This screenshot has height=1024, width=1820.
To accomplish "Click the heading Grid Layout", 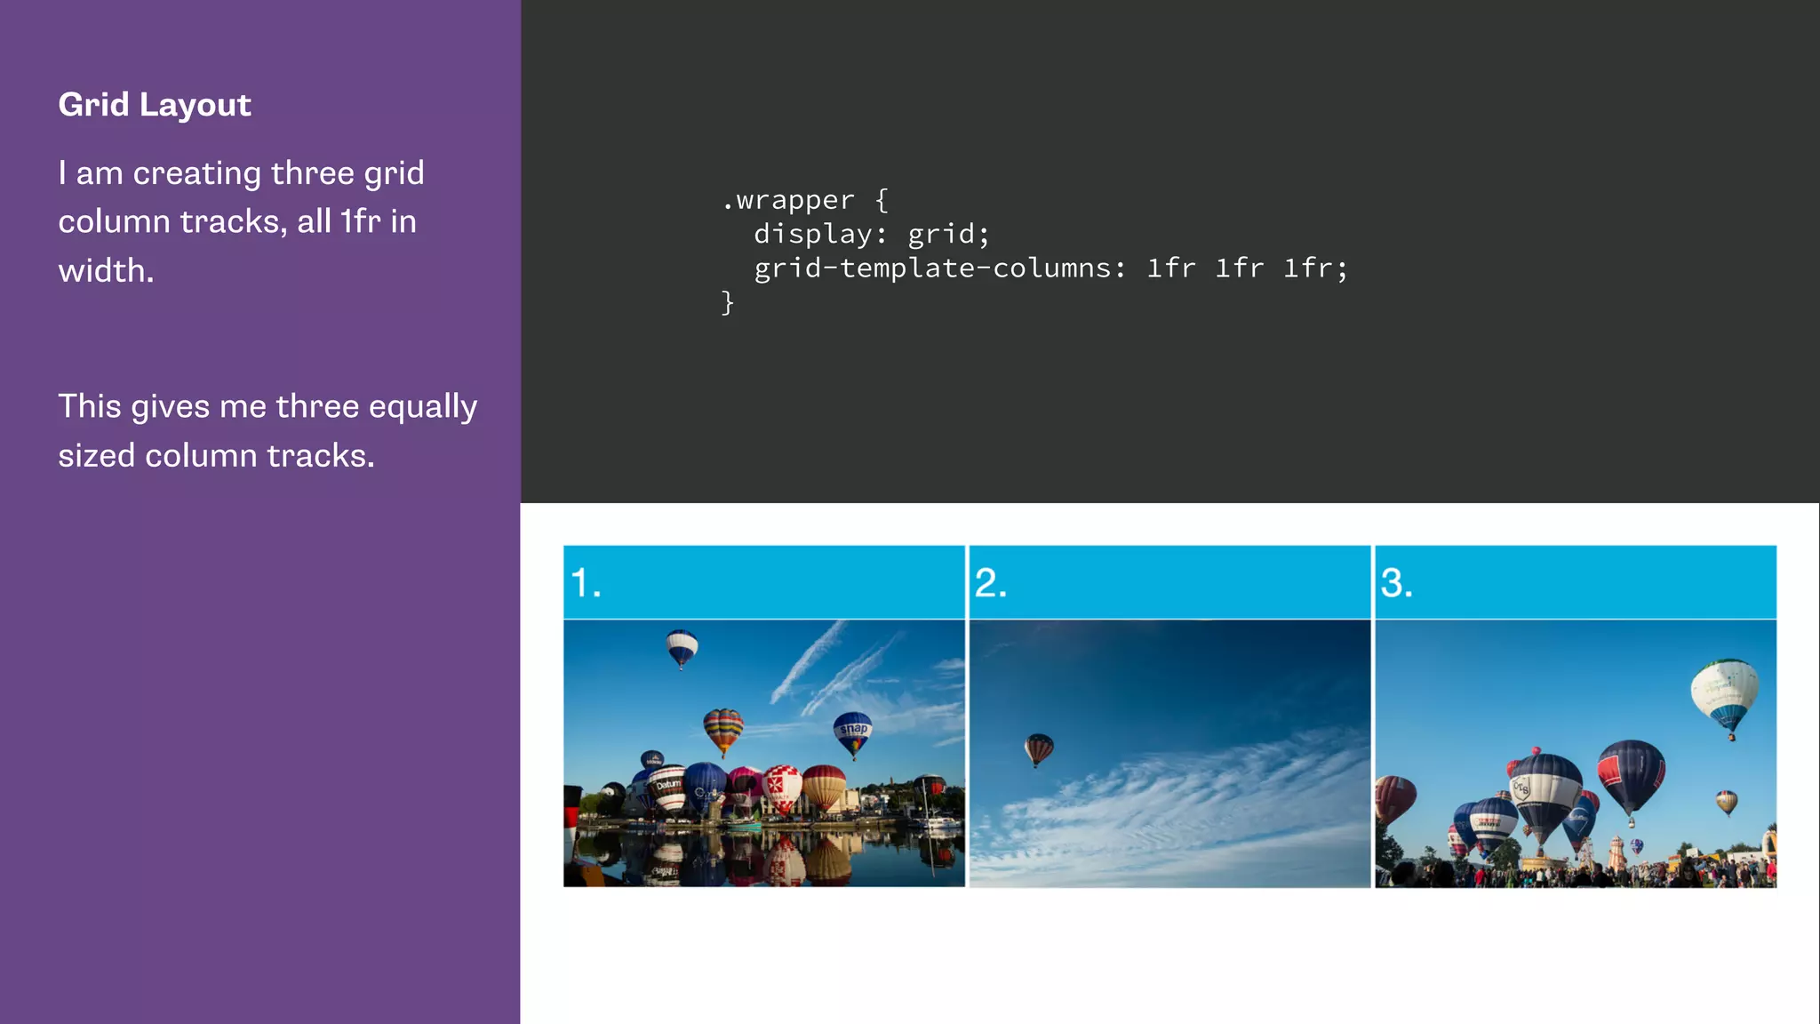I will pyautogui.click(x=155, y=105).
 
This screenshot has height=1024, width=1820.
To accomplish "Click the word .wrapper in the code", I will pyautogui.click(x=787, y=201).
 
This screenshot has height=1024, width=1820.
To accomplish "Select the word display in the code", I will pyautogui.click(x=813, y=235).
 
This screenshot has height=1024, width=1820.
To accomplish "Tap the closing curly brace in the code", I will pyautogui.click(x=728, y=303).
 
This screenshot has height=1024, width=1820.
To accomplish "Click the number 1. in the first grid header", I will pyautogui.click(x=586, y=584).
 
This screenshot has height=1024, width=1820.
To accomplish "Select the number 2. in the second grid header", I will pyautogui.click(x=991, y=584).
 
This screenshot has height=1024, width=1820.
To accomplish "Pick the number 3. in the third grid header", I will pyautogui.click(x=1396, y=584).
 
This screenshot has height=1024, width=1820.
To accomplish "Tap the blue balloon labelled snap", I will pyautogui.click(x=853, y=732).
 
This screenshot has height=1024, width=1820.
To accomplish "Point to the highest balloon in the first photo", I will pyautogui.click(x=682, y=647).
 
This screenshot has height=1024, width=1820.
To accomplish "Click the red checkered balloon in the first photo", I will pyautogui.click(x=782, y=787).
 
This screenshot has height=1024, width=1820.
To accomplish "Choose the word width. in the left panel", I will pyautogui.click(x=106, y=271).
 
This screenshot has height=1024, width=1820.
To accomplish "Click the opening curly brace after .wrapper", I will pyautogui.click(x=882, y=201).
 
